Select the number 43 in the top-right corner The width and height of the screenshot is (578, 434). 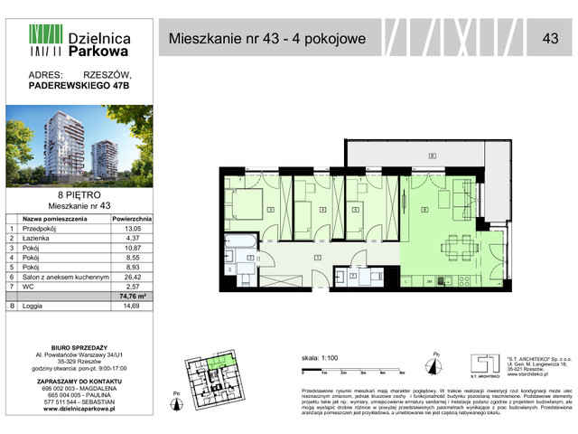click(549, 39)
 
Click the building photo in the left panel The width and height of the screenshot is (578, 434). click(79, 146)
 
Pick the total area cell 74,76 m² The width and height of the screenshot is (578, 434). click(132, 295)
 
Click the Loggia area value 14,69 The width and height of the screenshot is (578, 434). click(132, 307)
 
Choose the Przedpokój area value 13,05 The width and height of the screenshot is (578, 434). click(132, 230)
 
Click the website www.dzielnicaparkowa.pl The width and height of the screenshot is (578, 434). click(79, 408)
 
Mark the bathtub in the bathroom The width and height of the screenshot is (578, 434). click(240, 241)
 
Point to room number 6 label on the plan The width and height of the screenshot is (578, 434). click(424, 211)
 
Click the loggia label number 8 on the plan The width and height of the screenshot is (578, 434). click(433, 156)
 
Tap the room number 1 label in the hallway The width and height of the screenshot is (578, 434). click(317, 258)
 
